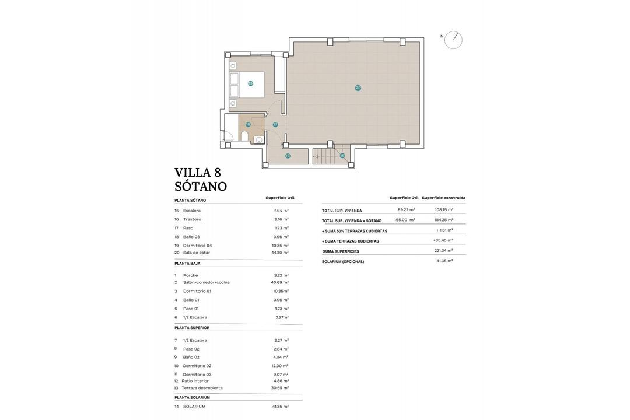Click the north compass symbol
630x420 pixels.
coord(453,40)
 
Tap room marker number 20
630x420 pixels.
coord(358,88)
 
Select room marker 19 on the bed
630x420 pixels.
coord(250,83)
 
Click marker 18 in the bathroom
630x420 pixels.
coord(248,124)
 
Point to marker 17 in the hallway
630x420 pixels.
coord(275,124)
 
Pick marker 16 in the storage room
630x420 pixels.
coord(288,156)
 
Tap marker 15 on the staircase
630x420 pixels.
coord(342,155)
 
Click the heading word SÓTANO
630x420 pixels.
coord(201,187)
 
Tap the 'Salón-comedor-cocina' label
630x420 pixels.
coord(206,282)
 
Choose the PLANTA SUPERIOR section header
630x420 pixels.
coord(192,328)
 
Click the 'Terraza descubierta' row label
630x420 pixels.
coord(202,388)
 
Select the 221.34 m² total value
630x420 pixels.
coord(443,250)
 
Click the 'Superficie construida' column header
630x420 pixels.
coord(443,198)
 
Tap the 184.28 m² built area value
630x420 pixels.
coord(443,220)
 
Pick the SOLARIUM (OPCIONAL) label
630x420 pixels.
coord(342,261)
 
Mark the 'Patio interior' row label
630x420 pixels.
coord(195,381)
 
